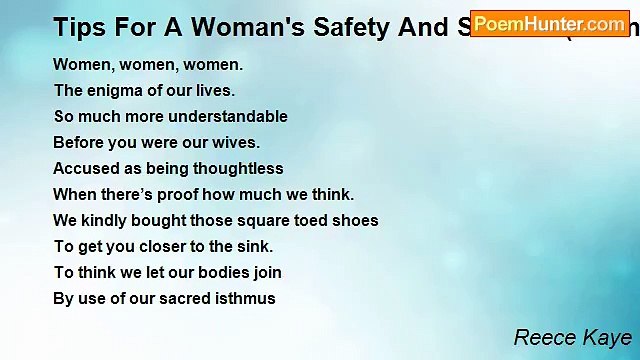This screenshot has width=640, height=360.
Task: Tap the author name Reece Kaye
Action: (572, 337)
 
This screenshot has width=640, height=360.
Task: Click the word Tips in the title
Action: (78, 27)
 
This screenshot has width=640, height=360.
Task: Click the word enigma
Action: (116, 90)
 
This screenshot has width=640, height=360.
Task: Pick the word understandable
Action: (227, 116)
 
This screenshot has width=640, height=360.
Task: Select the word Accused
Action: (84, 168)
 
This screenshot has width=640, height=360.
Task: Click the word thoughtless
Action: (236, 168)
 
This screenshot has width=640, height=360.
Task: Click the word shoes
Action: (356, 220)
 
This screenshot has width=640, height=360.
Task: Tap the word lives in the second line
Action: (212, 90)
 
